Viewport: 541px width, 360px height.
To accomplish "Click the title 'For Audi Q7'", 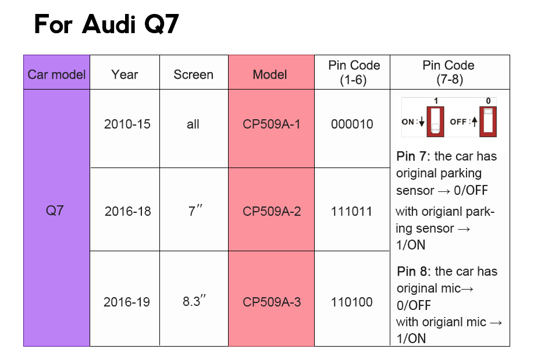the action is click(x=106, y=24).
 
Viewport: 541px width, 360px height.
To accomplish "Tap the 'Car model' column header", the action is click(x=56, y=74).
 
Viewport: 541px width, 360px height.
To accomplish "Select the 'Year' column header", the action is click(x=124, y=74).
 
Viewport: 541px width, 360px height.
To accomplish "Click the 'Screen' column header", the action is click(x=194, y=74).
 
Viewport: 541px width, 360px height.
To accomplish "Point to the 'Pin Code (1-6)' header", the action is click(x=354, y=73).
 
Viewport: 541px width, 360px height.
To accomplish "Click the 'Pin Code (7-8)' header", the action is click(x=449, y=73).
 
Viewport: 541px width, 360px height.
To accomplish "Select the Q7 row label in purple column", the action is click(x=55, y=211).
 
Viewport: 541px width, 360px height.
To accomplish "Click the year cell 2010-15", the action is click(x=127, y=124).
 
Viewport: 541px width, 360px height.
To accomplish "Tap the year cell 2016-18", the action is click(x=127, y=211).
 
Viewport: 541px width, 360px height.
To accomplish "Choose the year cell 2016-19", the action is click(x=127, y=302).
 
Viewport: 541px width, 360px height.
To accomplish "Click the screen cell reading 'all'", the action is click(x=193, y=124).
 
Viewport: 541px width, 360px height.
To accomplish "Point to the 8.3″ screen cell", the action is click(x=194, y=301).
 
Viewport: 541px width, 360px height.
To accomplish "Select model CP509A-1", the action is click(x=272, y=124).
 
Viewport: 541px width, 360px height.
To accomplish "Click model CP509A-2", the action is click(x=272, y=211).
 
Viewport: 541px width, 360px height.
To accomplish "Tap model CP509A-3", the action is click(x=272, y=302).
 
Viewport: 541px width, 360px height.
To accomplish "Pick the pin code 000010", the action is click(x=352, y=124).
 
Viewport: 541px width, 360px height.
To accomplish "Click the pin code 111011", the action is click(x=351, y=211).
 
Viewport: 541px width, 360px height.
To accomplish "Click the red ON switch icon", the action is click(x=436, y=122).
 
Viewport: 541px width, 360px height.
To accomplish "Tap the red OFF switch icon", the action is click(x=488, y=122).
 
